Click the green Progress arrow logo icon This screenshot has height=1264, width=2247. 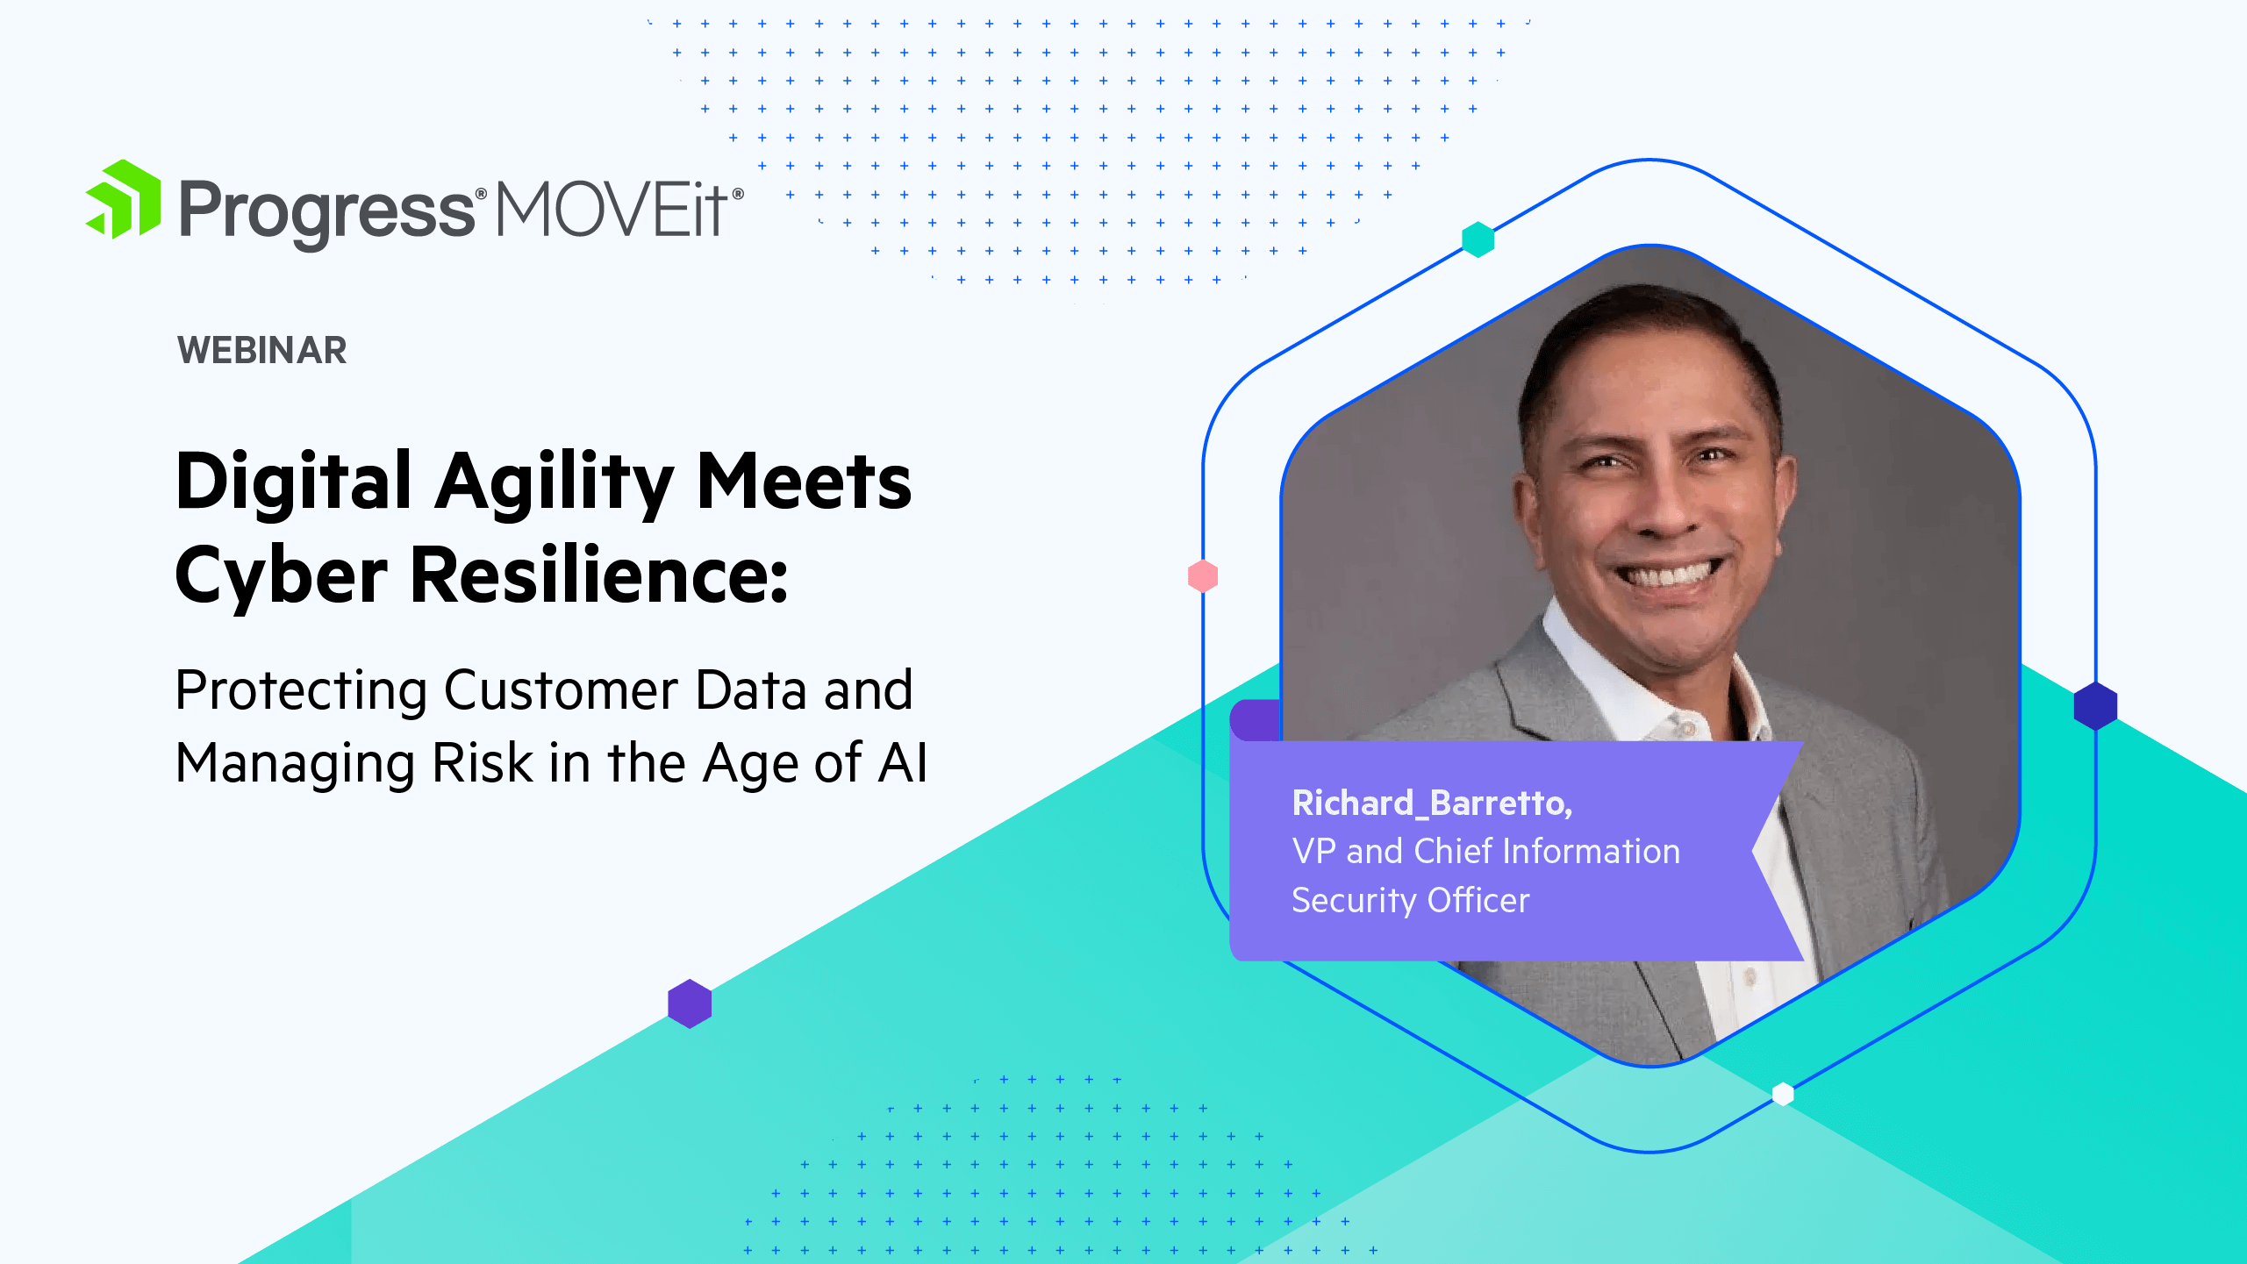point(124,200)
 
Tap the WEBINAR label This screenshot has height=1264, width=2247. point(262,350)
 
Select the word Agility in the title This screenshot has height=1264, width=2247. point(554,485)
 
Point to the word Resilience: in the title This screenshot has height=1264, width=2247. point(599,575)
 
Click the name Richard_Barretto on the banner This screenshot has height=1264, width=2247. point(1432,803)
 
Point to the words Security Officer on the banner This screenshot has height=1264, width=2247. point(1411,901)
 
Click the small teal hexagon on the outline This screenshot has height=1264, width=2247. point(1478,239)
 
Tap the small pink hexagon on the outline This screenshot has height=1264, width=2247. point(1203,576)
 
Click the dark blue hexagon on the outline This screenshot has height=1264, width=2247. point(2095,706)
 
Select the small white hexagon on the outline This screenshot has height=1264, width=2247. point(1783,1094)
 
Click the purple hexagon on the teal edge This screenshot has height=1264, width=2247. point(690,1003)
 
